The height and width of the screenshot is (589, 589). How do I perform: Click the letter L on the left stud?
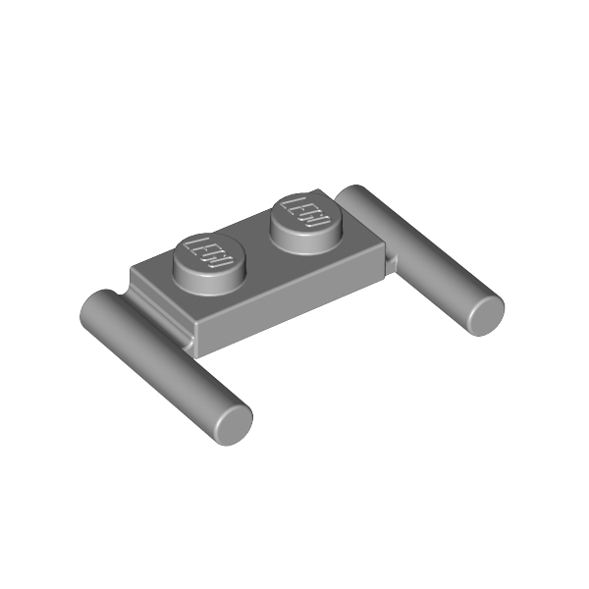(193, 245)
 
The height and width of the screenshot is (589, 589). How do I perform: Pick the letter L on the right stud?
(290, 203)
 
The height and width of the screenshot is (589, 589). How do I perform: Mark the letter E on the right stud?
(300, 210)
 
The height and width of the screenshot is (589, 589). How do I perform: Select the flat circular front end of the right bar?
(487, 315)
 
